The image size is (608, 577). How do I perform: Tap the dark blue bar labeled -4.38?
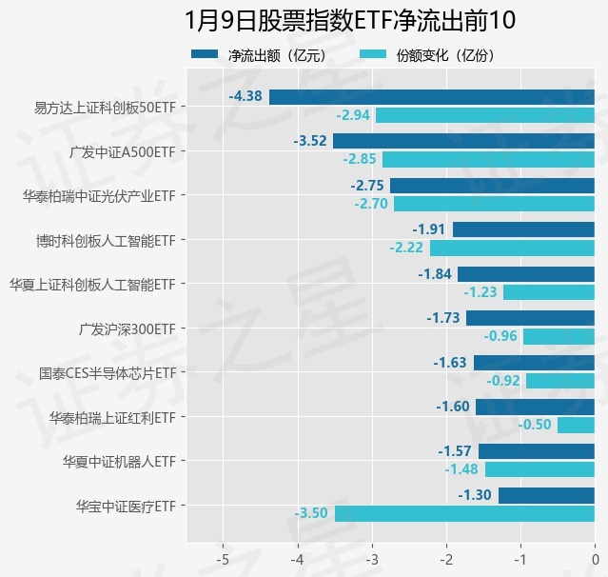pyautogui.click(x=432, y=96)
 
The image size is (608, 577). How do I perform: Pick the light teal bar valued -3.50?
pyautogui.click(x=464, y=513)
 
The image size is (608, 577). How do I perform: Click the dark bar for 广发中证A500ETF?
pyautogui.click(x=463, y=141)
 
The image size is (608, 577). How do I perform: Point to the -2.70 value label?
pyautogui.click(x=370, y=204)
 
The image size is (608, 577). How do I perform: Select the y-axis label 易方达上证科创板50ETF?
pyautogui.click(x=105, y=107)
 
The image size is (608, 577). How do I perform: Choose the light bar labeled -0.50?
pyautogui.click(x=576, y=425)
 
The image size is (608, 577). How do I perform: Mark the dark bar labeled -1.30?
pyautogui.click(x=546, y=495)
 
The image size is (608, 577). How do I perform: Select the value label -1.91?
pyautogui.click(x=429, y=229)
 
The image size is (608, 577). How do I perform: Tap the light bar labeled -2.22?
pyautogui.click(x=512, y=248)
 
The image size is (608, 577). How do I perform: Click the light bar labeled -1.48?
pyautogui.click(x=539, y=469)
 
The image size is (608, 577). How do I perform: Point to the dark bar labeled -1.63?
pyautogui.click(x=534, y=363)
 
